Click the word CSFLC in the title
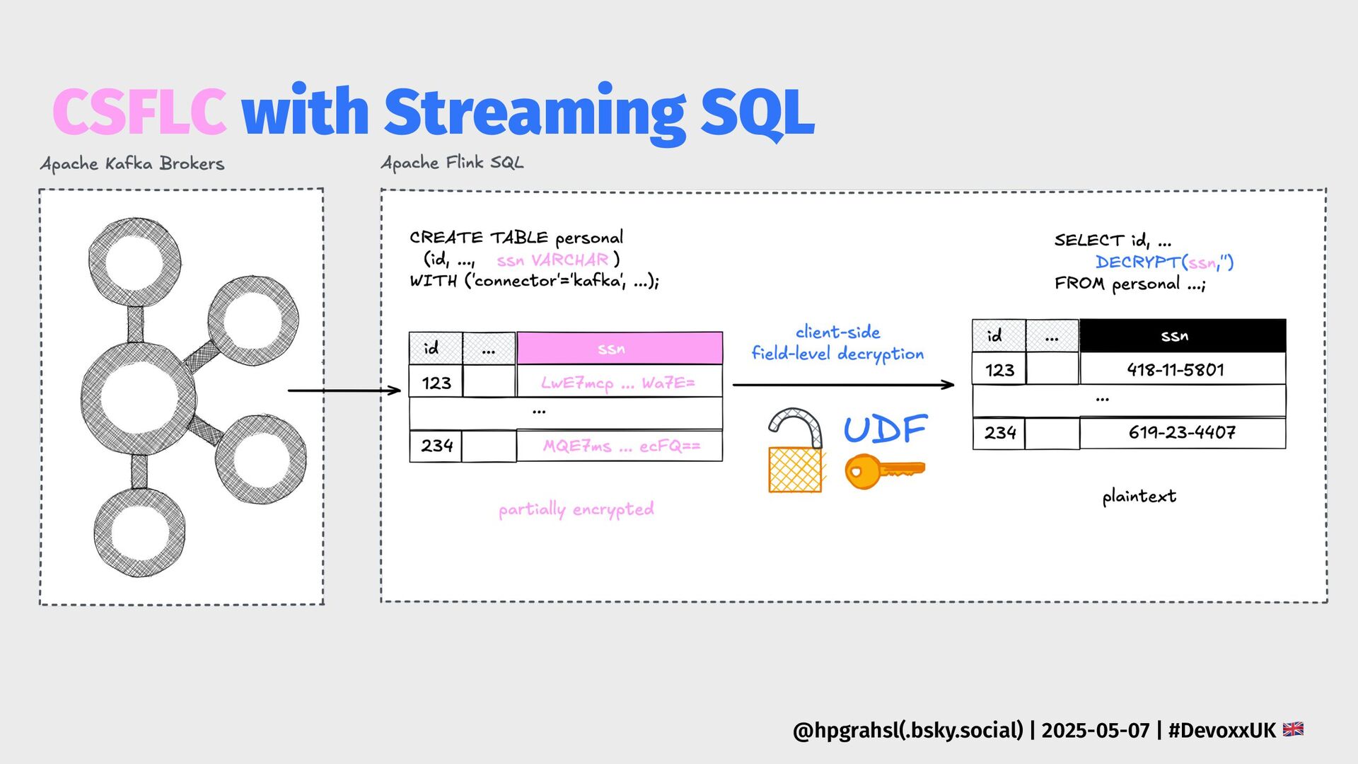(139, 112)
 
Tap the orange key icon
(884, 470)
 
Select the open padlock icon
(796, 451)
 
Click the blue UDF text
(885, 429)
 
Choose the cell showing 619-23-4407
(1182, 432)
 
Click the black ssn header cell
(1182, 336)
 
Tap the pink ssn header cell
(619, 349)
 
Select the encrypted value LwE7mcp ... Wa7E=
(618, 383)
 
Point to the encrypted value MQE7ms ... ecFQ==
(621, 446)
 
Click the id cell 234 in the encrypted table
(436, 446)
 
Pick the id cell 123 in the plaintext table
(999, 370)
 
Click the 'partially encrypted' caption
(576, 509)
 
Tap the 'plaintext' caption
(1139, 496)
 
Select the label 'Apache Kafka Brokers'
(132, 164)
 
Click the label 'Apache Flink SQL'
(453, 163)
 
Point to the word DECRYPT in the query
(1137, 262)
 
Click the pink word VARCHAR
(569, 260)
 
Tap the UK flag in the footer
(1293, 729)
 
